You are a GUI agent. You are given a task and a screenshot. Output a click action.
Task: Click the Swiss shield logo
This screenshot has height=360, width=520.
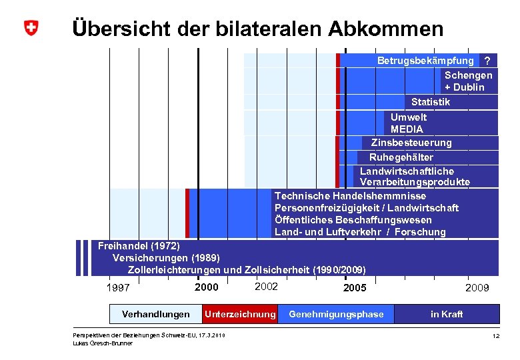[x=31, y=29]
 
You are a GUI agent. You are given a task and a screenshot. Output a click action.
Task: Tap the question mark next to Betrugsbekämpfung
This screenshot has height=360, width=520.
[x=487, y=61]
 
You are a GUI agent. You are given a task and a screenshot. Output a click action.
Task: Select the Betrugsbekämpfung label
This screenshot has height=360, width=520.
[x=425, y=61]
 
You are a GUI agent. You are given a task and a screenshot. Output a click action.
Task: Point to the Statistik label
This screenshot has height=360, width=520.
[x=430, y=102]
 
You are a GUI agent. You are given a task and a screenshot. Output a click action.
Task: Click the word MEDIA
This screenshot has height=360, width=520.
[x=407, y=129]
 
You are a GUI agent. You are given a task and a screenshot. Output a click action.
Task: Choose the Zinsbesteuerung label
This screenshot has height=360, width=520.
[x=411, y=143]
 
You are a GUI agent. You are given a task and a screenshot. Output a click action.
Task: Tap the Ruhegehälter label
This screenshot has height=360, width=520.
[x=401, y=157]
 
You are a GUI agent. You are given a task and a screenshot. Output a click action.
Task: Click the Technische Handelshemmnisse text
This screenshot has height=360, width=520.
[x=350, y=196]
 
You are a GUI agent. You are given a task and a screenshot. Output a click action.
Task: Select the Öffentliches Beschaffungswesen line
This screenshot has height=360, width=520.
[x=353, y=220]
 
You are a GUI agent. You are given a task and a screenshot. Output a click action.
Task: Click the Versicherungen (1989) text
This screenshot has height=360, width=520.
[x=166, y=258]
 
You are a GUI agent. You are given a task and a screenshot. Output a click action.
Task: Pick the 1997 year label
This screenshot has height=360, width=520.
[x=119, y=288]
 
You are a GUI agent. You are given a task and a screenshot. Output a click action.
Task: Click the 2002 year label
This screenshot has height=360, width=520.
[x=266, y=286]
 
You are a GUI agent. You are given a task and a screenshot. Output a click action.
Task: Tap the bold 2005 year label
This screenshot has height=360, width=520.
[x=354, y=288]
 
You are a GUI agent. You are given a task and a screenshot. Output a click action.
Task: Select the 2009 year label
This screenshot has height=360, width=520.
[x=477, y=288]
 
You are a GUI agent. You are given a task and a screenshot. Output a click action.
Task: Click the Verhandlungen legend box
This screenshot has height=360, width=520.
[x=155, y=314]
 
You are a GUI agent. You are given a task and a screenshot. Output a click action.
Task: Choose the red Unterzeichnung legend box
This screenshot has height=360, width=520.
[x=239, y=314]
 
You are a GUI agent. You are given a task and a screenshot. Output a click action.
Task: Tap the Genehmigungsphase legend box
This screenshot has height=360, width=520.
[x=336, y=314]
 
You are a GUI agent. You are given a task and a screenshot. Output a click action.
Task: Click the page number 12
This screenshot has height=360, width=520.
[x=495, y=337]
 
